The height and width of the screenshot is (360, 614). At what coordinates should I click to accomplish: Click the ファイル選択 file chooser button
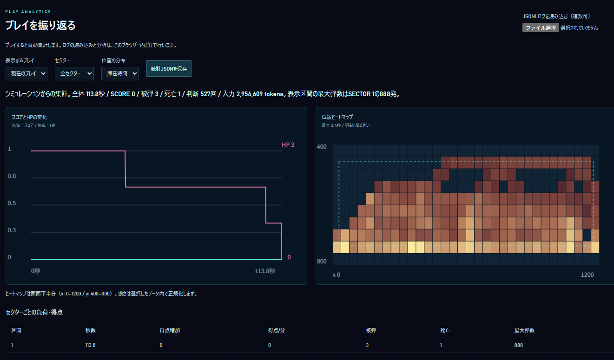click(x=540, y=28)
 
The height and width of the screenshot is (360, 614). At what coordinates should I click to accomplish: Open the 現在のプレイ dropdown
click(x=26, y=73)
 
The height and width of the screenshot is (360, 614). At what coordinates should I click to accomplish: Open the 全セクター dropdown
click(x=74, y=73)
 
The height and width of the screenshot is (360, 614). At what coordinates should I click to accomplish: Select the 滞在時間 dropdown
click(x=120, y=73)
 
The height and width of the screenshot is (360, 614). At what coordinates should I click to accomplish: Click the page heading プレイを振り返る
click(x=40, y=26)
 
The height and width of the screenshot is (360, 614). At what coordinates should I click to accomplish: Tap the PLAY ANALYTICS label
click(x=28, y=12)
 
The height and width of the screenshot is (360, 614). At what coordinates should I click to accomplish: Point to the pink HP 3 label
click(x=288, y=144)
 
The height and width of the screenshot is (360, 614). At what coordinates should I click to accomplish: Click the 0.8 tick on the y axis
click(x=12, y=176)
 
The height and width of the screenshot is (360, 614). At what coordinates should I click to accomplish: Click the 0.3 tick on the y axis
click(x=12, y=230)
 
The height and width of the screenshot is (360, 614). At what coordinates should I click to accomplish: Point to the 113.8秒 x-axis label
click(x=264, y=271)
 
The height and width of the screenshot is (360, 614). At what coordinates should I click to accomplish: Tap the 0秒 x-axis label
click(x=36, y=271)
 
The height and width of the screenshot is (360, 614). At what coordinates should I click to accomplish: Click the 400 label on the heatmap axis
click(x=322, y=147)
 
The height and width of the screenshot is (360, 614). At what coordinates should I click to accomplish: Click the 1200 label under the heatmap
click(x=587, y=275)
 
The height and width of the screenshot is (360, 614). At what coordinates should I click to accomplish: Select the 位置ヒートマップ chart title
click(x=337, y=117)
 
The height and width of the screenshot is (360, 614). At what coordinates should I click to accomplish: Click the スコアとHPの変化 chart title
click(x=29, y=117)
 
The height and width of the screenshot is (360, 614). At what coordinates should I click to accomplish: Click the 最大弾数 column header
click(x=524, y=330)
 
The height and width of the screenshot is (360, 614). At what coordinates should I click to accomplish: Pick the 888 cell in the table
click(x=518, y=345)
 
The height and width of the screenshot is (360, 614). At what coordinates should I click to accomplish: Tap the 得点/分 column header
click(x=276, y=330)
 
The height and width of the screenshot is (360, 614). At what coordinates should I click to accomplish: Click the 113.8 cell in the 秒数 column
click(x=90, y=345)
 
